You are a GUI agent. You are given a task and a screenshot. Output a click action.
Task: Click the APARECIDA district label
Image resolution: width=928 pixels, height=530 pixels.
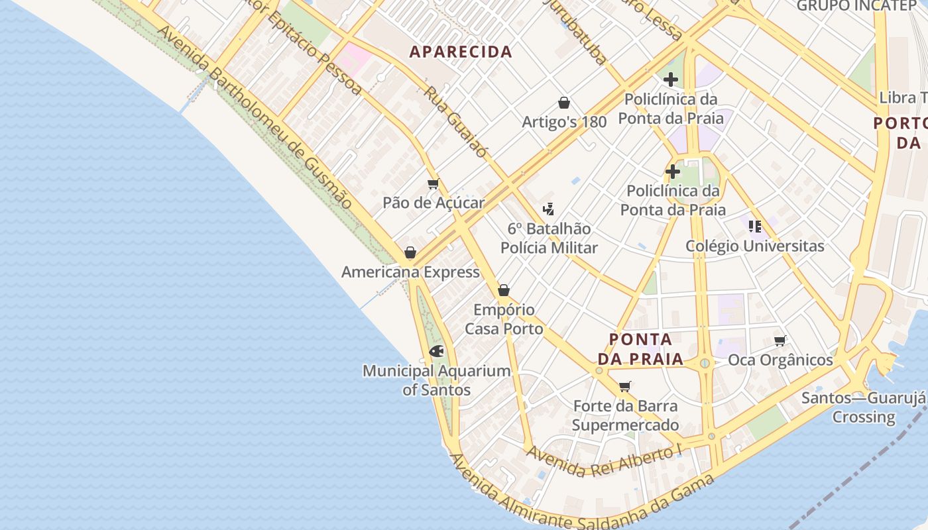[461, 52]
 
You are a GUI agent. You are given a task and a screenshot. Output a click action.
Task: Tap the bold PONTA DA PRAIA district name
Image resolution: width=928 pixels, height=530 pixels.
[640, 349]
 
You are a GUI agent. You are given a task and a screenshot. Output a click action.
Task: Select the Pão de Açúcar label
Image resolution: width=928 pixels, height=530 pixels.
[434, 203]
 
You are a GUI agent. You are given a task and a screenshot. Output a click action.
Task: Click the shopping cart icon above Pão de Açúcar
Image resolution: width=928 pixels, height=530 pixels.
[434, 184]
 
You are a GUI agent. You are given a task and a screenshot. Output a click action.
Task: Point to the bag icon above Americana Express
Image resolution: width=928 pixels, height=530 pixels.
[410, 252]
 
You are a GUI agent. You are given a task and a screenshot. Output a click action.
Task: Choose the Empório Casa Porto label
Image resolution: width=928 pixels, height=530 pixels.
[504, 319]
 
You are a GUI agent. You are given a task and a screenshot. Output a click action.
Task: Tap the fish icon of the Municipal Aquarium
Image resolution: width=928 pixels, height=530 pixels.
[436, 351]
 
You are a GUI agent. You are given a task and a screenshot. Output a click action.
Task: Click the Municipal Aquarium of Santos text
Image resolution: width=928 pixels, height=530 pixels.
[436, 380]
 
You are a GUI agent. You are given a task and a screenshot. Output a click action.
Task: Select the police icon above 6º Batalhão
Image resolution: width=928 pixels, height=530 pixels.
[548, 210]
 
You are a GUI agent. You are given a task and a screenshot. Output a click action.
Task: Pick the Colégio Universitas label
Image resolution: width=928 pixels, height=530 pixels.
[755, 246]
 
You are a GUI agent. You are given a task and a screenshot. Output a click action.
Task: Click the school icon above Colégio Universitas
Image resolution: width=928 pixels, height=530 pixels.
[754, 227]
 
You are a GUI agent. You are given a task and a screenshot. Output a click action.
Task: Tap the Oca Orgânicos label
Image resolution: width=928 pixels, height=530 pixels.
[780, 360]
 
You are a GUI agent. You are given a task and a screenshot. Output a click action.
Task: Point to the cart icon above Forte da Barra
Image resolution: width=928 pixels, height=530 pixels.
[624, 386]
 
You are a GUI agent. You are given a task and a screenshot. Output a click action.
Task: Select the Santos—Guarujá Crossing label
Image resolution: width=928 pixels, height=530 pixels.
[863, 407]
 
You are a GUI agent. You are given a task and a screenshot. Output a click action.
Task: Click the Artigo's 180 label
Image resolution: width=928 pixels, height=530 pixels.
[564, 122]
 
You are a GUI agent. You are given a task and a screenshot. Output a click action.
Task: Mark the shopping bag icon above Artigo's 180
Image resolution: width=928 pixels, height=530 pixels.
[564, 103]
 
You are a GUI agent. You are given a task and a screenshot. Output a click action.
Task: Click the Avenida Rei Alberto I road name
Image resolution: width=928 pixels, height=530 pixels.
[604, 460]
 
